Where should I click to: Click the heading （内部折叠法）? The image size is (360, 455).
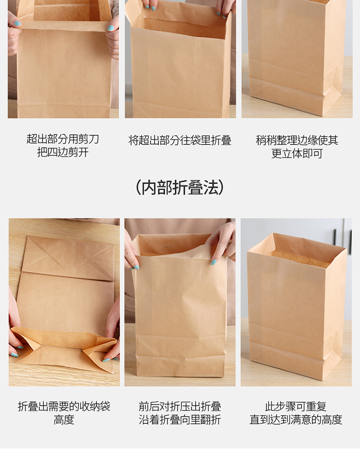180,188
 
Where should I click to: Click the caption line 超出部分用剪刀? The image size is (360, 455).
63,139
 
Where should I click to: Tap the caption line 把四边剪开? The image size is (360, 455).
63,152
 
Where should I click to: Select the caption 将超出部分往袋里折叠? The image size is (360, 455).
180,141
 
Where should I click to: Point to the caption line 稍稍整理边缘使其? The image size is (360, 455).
297,141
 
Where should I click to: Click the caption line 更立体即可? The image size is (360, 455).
297,154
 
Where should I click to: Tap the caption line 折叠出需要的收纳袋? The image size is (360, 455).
64,407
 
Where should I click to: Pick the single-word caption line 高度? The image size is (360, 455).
64,419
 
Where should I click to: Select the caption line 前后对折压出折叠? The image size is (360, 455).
180,407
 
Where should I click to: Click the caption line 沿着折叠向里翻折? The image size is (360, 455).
180,419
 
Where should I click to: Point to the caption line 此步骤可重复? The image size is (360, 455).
296,407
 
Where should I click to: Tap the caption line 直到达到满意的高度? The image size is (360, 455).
296,419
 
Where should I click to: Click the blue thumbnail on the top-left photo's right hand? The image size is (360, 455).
110,28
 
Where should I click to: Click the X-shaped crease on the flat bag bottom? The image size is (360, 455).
68,255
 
